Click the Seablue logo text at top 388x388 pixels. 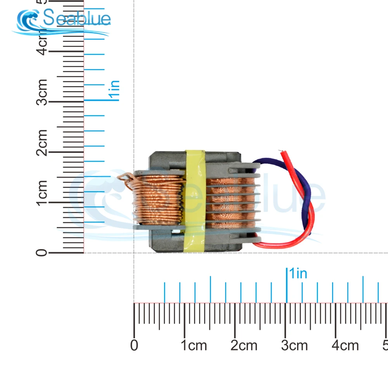point(77,18)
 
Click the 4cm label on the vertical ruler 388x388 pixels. point(42,45)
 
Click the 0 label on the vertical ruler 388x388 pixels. point(42,253)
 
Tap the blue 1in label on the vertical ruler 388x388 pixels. point(114,90)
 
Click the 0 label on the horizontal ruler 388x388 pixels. point(134,345)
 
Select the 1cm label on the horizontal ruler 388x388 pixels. point(194,345)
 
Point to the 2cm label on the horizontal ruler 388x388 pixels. point(244,345)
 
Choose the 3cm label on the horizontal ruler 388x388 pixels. point(295,345)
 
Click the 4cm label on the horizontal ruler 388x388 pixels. point(345,345)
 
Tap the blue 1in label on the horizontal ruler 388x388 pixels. point(298,274)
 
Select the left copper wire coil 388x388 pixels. point(157,200)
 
